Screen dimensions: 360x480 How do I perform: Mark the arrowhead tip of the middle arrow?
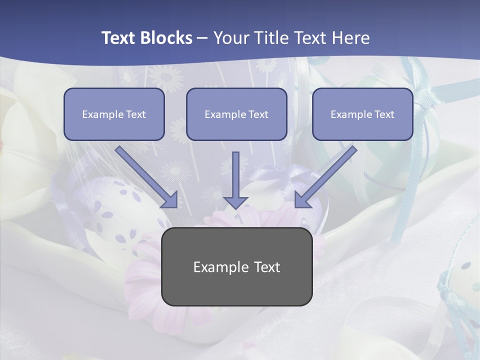(235, 207)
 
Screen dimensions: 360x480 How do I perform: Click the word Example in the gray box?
(217, 267)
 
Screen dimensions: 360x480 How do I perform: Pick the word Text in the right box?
(384, 114)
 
